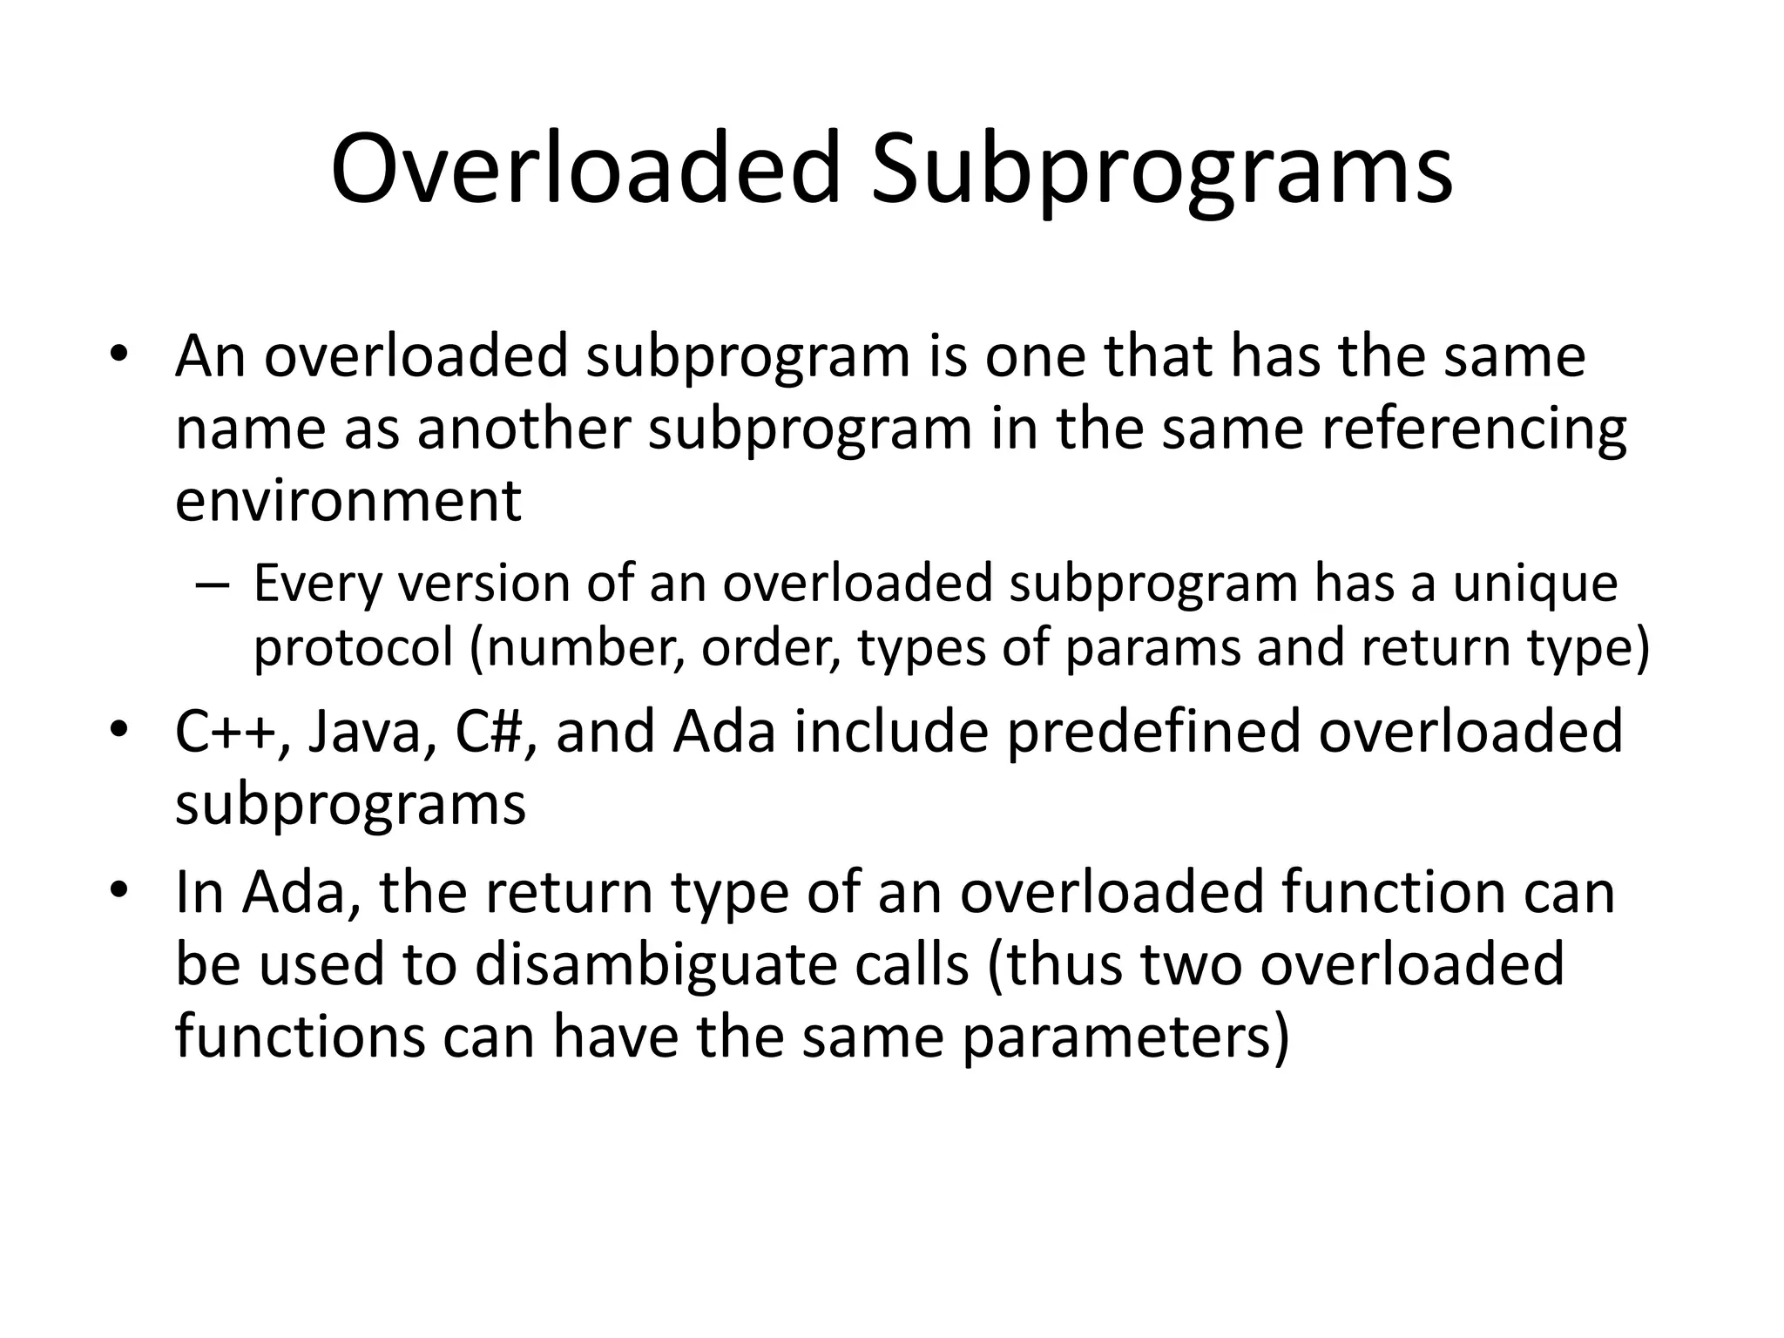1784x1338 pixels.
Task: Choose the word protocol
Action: tap(354, 649)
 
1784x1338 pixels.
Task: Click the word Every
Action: tap(318, 585)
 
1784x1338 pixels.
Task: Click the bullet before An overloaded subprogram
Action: tap(119, 355)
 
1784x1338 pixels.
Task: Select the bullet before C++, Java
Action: tap(119, 730)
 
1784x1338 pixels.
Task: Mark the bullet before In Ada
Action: tap(119, 891)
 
